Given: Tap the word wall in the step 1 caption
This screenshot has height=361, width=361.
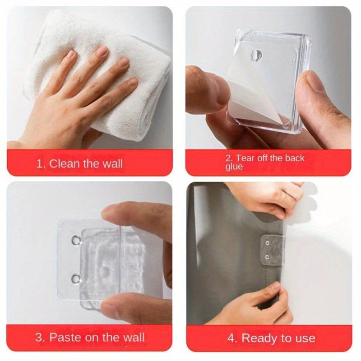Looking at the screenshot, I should coord(111,163).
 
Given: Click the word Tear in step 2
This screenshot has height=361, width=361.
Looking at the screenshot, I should coord(246,158).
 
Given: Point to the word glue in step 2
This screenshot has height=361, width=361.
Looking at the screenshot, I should coord(234,167).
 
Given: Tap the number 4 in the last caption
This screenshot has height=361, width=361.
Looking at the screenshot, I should coord(231,338).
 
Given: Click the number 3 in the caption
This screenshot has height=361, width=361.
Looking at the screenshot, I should coord(39,338).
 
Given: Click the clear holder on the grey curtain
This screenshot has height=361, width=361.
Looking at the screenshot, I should coord(273,250).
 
